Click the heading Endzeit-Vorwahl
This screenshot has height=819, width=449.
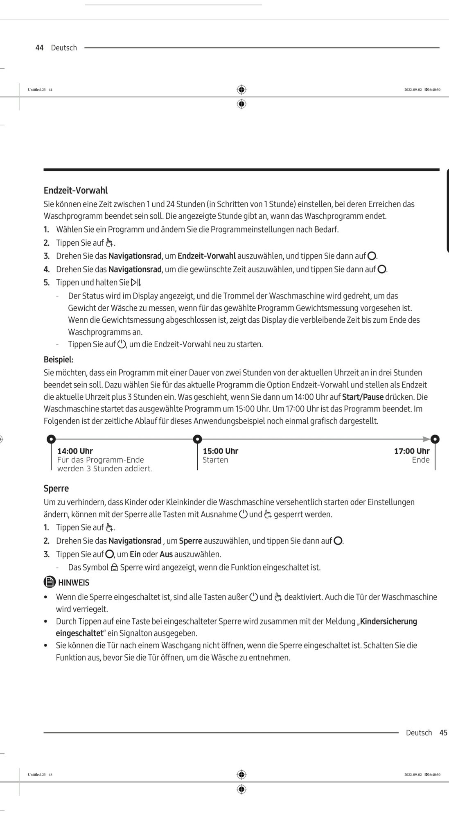76,190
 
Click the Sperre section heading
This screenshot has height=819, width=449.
56,489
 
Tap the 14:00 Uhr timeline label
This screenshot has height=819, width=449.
75,451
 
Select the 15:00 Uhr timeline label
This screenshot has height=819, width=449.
220,451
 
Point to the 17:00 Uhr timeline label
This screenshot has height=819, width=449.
411,451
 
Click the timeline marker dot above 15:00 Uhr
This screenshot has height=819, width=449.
197,439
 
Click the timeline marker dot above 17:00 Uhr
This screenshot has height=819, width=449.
435,439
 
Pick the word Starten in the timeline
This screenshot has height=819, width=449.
215,460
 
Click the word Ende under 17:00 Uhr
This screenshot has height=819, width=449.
421,460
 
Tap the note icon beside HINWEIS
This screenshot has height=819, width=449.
50,582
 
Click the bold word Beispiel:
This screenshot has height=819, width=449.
59,360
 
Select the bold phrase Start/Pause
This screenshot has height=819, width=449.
363,397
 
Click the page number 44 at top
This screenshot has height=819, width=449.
39,48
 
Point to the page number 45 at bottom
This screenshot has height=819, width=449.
443,733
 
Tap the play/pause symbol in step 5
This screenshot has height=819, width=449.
135,283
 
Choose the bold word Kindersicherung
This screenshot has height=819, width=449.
388,621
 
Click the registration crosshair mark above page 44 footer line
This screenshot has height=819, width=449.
241,90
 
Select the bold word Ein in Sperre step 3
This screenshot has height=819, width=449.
135,554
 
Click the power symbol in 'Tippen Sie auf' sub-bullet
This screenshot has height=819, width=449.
122,344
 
